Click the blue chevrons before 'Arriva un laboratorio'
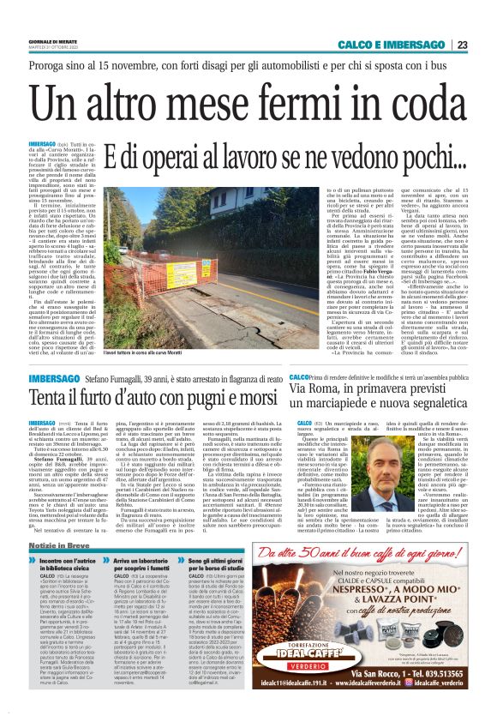pos(117,587)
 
